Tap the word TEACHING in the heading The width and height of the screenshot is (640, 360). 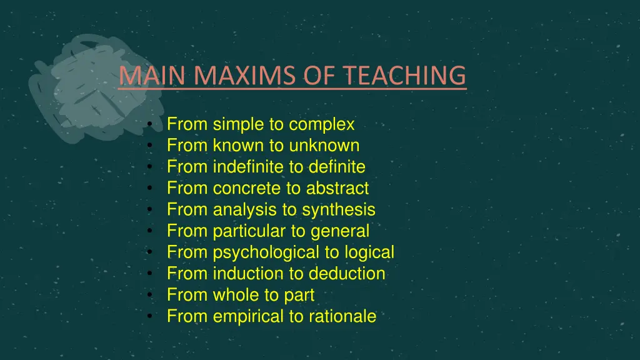pyautogui.click(x=407, y=75)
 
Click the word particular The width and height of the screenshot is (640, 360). pyautogui.click(x=249, y=231)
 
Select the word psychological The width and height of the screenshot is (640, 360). pyautogui.click(x=262, y=252)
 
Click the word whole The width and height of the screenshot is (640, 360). pyautogui.click(x=237, y=295)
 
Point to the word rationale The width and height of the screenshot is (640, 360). pyautogui.click(x=342, y=316)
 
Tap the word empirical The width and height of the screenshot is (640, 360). pyautogui.click(x=248, y=316)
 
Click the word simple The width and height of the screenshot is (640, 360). pyautogui.click(x=238, y=125)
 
